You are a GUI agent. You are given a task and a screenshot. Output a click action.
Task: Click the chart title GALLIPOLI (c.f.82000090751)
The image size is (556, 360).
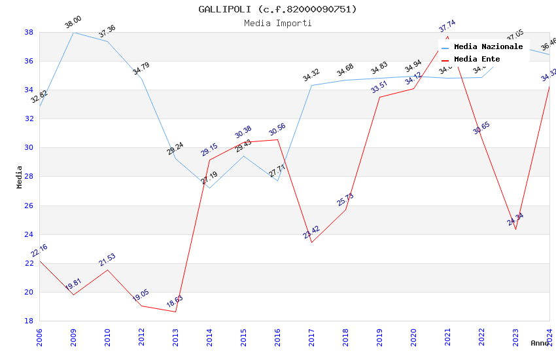click(278, 9)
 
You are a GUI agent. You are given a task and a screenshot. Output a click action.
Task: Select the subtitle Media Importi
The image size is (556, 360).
click(278, 24)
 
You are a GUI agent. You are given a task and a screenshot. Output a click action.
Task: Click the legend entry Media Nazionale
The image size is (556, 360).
click(488, 47)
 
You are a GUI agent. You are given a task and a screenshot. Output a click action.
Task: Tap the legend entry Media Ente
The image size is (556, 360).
click(477, 60)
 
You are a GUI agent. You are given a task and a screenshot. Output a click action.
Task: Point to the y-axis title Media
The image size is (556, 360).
click(20, 177)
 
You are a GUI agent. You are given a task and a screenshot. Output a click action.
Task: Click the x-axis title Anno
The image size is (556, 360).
click(540, 343)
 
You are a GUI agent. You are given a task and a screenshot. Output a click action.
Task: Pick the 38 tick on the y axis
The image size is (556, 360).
click(29, 32)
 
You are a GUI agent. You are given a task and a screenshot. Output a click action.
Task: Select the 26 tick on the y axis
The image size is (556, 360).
click(29, 206)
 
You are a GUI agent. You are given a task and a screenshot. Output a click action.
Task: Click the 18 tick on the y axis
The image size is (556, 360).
click(29, 321)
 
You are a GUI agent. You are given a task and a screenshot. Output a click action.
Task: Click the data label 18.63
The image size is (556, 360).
click(175, 302)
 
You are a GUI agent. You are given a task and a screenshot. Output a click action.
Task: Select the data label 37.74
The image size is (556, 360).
click(447, 26)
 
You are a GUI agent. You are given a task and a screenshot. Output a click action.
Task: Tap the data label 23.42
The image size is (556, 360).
click(311, 232)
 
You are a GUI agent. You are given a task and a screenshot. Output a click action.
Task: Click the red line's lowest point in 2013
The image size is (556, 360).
click(175, 312)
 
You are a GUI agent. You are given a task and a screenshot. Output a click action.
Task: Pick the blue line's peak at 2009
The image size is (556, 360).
click(73, 32)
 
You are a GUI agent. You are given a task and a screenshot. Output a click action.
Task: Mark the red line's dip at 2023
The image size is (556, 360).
click(515, 229)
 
